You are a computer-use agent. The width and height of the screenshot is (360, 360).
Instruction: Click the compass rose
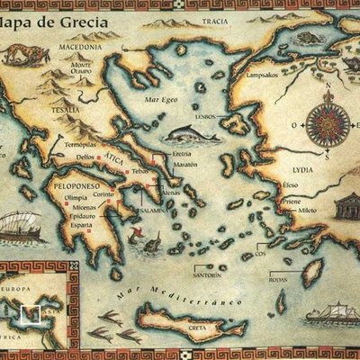point(323,120)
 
